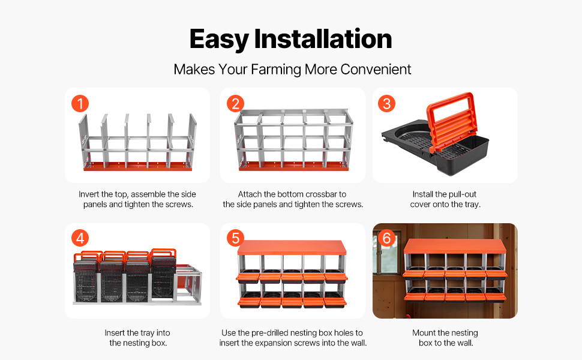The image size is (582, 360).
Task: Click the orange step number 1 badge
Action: click(x=80, y=104)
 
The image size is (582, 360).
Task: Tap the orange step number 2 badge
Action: click(x=235, y=104)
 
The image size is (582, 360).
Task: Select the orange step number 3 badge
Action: click(x=386, y=104)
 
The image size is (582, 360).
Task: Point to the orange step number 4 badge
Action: click(x=80, y=238)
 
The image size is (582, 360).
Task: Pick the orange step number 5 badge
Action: click(x=235, y=238)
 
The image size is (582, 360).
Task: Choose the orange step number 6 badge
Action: click(x=386, y=238)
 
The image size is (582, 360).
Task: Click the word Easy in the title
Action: click(x=219, y=40)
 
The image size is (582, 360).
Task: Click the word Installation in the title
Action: click(x=323, y=38)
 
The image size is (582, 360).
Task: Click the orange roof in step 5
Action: click(x=292, y=248)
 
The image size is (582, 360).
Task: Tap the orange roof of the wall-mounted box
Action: click(x=455, y=246)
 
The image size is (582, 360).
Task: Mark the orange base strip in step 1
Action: click(x=138, y=166)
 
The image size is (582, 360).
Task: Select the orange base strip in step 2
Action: click(x=293, y=166)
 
